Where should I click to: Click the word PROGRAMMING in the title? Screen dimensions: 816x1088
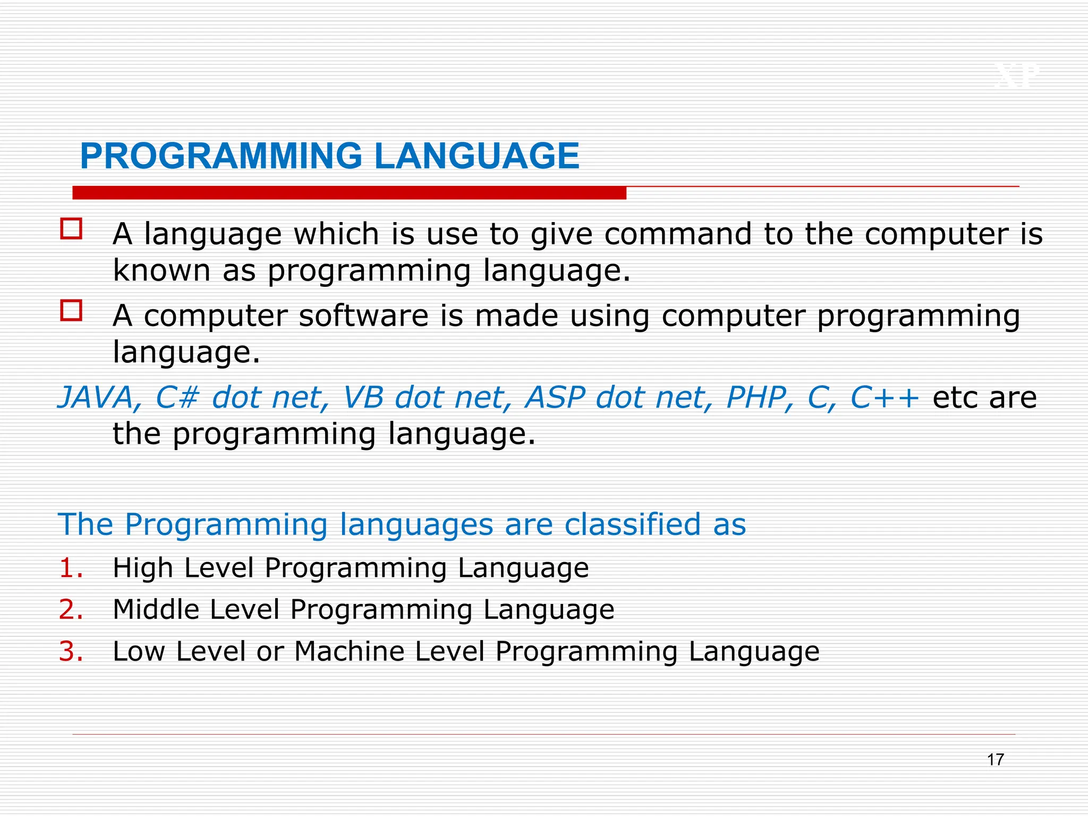[x=221, y=156]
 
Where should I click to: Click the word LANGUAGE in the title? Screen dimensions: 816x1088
[x=477, y=156]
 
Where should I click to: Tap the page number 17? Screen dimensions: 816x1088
[x=995, y=760]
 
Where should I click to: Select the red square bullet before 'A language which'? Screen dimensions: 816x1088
[x=72, y=229]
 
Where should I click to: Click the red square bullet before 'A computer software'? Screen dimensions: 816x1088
[x=72, y=311]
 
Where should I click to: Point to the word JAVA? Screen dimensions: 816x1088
[x=96, y=397]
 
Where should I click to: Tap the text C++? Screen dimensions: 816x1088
[x=885, y=397]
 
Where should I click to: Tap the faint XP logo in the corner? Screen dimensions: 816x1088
[x=1016, y=76]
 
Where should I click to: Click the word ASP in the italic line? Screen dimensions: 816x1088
[x=555, y=397]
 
